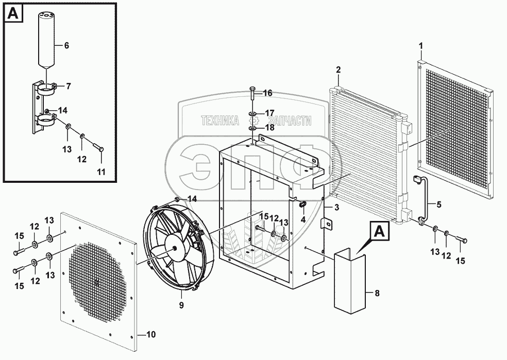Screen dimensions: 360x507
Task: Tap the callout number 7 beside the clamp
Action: click(x=67, y=85)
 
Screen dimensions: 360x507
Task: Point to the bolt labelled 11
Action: click(x=98, y=149)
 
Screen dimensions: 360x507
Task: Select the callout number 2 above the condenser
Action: click(x=338, y=69)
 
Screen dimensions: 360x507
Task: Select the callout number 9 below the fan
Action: click(x=181, y=305)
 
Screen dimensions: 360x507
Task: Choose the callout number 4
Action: click(x=303, y=219)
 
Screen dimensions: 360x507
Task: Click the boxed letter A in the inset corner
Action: click(x=14, y=15)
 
